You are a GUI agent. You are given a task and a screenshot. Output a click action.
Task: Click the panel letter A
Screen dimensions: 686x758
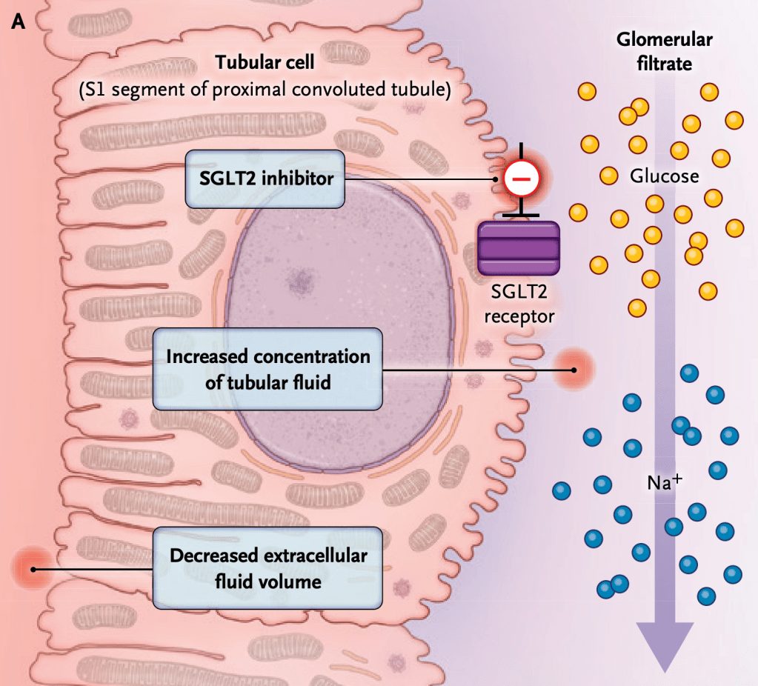pos(19,23)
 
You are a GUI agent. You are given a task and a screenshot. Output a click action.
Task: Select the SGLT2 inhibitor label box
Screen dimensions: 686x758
pos(265,179)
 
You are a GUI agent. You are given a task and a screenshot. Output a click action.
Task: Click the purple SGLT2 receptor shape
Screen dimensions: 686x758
pos(518,247)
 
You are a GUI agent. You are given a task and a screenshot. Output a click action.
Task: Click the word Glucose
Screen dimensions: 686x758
pos(665,176)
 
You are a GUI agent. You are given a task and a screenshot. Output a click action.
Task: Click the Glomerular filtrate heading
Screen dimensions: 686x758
pos(654,51)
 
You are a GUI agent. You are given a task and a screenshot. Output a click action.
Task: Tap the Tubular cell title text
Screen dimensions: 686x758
pos(265,62)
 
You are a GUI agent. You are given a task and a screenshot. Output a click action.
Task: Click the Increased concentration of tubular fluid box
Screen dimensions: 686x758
pos(267,369)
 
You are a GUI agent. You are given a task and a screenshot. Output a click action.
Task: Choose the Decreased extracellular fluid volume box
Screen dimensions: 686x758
pos(267,568)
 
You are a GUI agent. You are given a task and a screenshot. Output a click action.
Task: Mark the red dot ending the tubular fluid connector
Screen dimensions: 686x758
pos(572,369)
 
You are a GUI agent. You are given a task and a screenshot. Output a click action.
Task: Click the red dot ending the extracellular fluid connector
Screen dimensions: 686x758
pos(32,569)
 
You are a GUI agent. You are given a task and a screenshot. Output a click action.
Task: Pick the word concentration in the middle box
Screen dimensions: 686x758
pos(311,356)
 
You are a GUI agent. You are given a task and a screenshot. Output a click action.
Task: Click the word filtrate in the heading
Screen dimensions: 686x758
pos(665,64)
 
